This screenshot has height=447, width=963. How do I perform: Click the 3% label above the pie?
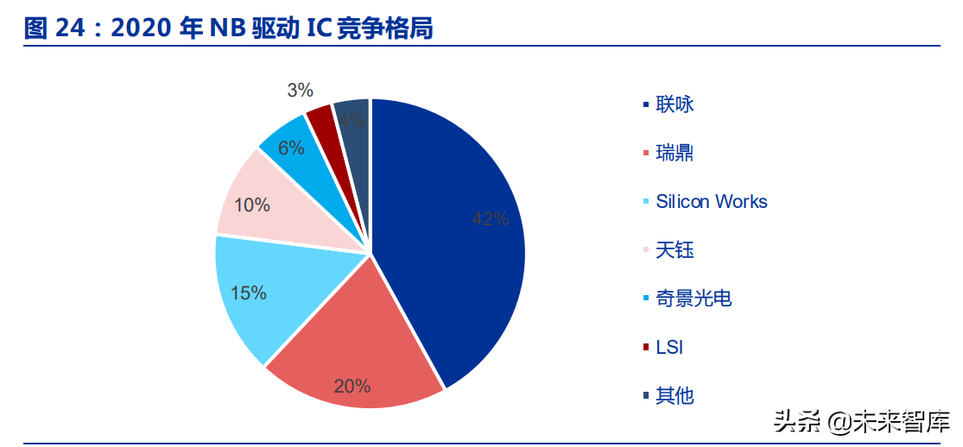click(300, 90)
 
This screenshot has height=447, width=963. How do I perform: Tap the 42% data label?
click(490, 219)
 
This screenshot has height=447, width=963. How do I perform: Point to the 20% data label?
click(352, 386)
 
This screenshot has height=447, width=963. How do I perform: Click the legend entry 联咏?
click(675, 104)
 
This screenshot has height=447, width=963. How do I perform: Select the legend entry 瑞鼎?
click(675, 154)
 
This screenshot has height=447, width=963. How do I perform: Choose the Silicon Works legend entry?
click(711, 202)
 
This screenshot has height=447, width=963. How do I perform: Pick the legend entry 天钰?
click(675, 250)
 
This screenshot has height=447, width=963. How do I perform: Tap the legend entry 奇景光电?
click(694, 299)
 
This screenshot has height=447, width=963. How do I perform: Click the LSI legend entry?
click(669, 348)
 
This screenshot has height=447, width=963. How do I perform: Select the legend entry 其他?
click(675, 396)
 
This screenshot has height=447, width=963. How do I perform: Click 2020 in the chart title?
click(142, 28)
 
